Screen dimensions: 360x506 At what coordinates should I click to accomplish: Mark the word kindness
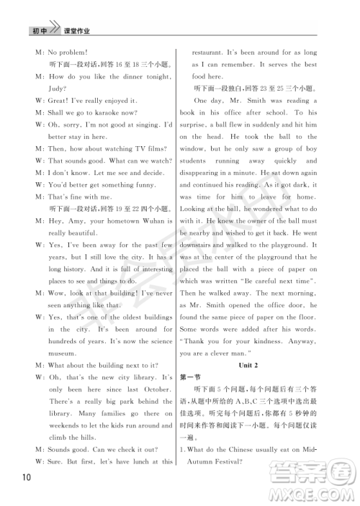[x=274, y=341]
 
